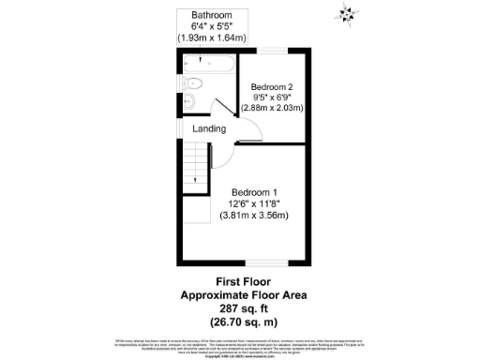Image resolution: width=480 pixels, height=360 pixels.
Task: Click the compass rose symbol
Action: (348, 12)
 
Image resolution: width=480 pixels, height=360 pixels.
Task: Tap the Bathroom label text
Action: (212, 16)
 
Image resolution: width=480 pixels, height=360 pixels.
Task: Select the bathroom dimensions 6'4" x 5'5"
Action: (212, 27)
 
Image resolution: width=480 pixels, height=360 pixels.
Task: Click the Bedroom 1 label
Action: (256, 189)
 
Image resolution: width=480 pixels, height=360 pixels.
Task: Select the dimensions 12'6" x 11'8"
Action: (256, 202)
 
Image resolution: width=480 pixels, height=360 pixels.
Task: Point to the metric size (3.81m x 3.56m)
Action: (256, 215)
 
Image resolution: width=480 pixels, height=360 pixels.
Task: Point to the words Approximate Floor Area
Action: (243, 294)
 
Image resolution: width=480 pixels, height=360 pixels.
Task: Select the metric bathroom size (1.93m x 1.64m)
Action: (212, 38)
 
